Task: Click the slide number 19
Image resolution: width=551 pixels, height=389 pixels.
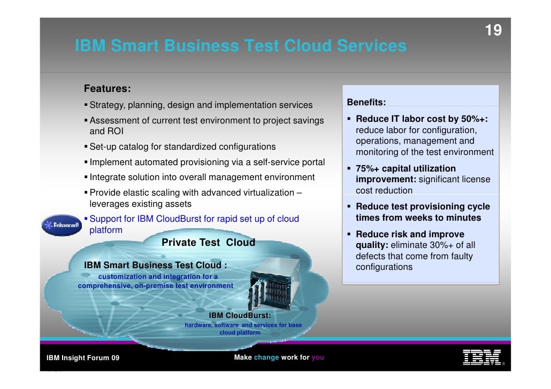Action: [x=493, y=31]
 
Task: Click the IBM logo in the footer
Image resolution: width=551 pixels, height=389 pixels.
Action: [x=481, y=357]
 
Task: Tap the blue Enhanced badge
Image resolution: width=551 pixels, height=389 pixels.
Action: [x=61, y=225]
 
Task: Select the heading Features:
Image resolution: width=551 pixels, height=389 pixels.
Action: [x=108, y=88]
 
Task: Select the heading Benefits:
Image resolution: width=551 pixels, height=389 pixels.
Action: [x=366, y=102]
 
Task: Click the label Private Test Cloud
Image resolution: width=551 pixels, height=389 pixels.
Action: [x=208, y=243]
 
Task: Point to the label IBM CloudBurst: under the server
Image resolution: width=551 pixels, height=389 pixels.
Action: [x=243, y=315]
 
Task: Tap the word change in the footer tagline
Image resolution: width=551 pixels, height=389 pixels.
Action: [x=266, y=357]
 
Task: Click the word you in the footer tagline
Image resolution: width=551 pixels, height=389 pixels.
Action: [x=318, y=357]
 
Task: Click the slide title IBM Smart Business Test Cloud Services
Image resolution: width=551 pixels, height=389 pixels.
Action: [x=241, y=46]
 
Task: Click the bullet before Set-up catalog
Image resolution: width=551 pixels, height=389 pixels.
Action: [x=86, y=146]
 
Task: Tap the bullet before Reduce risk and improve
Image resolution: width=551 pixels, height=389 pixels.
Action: [x=349, y=235]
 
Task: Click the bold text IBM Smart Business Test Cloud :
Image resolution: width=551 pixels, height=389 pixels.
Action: [x=156, y=266]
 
